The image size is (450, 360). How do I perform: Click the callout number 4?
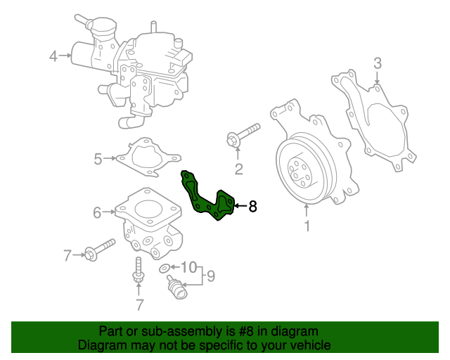pos(53,56)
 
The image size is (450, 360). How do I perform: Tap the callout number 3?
pos(377,64)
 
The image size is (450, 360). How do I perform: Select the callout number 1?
pos(307,226)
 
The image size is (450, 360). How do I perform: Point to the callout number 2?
pos(238,168)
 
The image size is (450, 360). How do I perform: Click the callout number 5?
pos(98,159)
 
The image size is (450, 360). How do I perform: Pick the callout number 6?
pos(98,210)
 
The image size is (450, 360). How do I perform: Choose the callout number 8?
pos(253,207)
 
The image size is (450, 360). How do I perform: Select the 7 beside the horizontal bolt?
pos(68,255)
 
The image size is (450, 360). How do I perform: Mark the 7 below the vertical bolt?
pos(139,304)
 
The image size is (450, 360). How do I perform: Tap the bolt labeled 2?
pos(243,136)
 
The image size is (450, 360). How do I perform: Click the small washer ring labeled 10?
pos(165,268)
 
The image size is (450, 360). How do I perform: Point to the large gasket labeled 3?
pos(373,120)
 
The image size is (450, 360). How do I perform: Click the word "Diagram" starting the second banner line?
pos(102,345)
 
